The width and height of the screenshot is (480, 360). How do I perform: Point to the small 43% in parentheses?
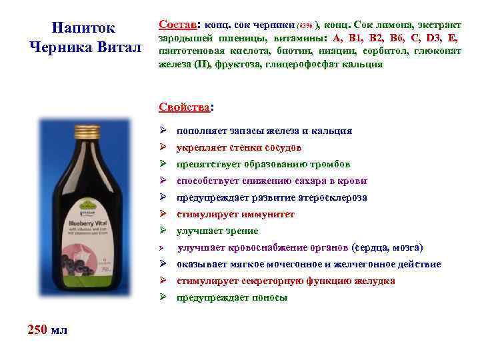tap(305, 25)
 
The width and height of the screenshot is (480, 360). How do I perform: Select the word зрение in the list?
tap(240, 231)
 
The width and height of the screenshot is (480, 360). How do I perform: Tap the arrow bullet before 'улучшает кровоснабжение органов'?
tap(162, 248)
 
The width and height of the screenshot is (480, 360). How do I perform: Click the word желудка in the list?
tap(375, 281)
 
